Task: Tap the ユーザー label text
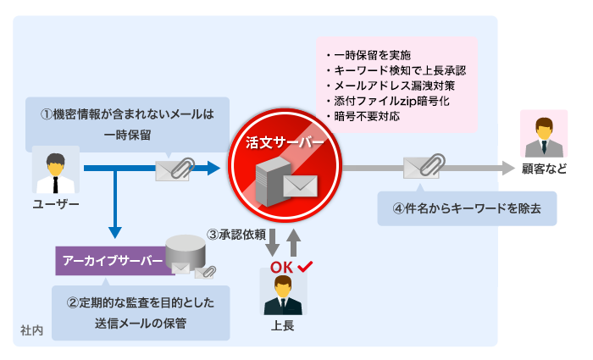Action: [56, 204]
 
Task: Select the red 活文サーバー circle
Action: [284, 166]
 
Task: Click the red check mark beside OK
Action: [305, 267]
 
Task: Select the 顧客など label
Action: [544, 169]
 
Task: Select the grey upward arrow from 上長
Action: [293, 241]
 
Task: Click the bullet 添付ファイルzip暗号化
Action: [392, 101]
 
